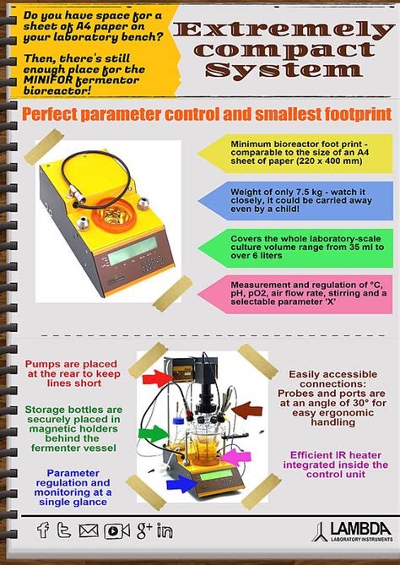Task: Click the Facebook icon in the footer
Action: (43, 530)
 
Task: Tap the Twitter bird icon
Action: (64, 530)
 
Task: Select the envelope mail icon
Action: (89, 530)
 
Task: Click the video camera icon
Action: (116, 530)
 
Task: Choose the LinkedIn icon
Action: (165, 530)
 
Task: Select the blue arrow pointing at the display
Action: (180, 484)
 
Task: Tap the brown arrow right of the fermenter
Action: (246, 410)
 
